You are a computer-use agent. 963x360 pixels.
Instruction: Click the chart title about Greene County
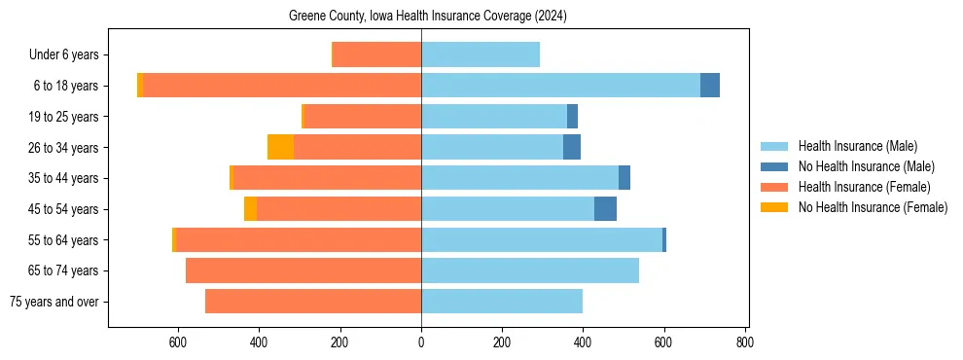tap(428, 17)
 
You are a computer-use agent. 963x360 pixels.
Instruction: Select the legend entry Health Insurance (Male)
tap(857, 146)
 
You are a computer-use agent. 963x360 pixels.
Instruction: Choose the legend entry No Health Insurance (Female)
tap(873, 207)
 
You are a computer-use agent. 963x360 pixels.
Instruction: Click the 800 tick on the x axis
tap(744, 342)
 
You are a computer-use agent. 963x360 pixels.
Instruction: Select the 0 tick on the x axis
tap(421, 342)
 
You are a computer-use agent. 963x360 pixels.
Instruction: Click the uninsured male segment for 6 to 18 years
tap(710, 86)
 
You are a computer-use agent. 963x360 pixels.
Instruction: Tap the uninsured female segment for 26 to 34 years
tap(281, 147)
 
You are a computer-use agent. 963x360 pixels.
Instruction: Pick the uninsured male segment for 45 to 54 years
tap(605, 209)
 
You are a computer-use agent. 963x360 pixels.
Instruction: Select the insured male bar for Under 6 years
tap(481, 54)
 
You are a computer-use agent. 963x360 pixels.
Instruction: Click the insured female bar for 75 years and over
tap(313, 302)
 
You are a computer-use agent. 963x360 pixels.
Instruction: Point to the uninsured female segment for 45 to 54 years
tap(250, 209)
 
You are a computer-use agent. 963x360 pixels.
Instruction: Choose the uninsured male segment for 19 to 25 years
tap(573, 117)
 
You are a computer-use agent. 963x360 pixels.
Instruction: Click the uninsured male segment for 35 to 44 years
tap(624, 178)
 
